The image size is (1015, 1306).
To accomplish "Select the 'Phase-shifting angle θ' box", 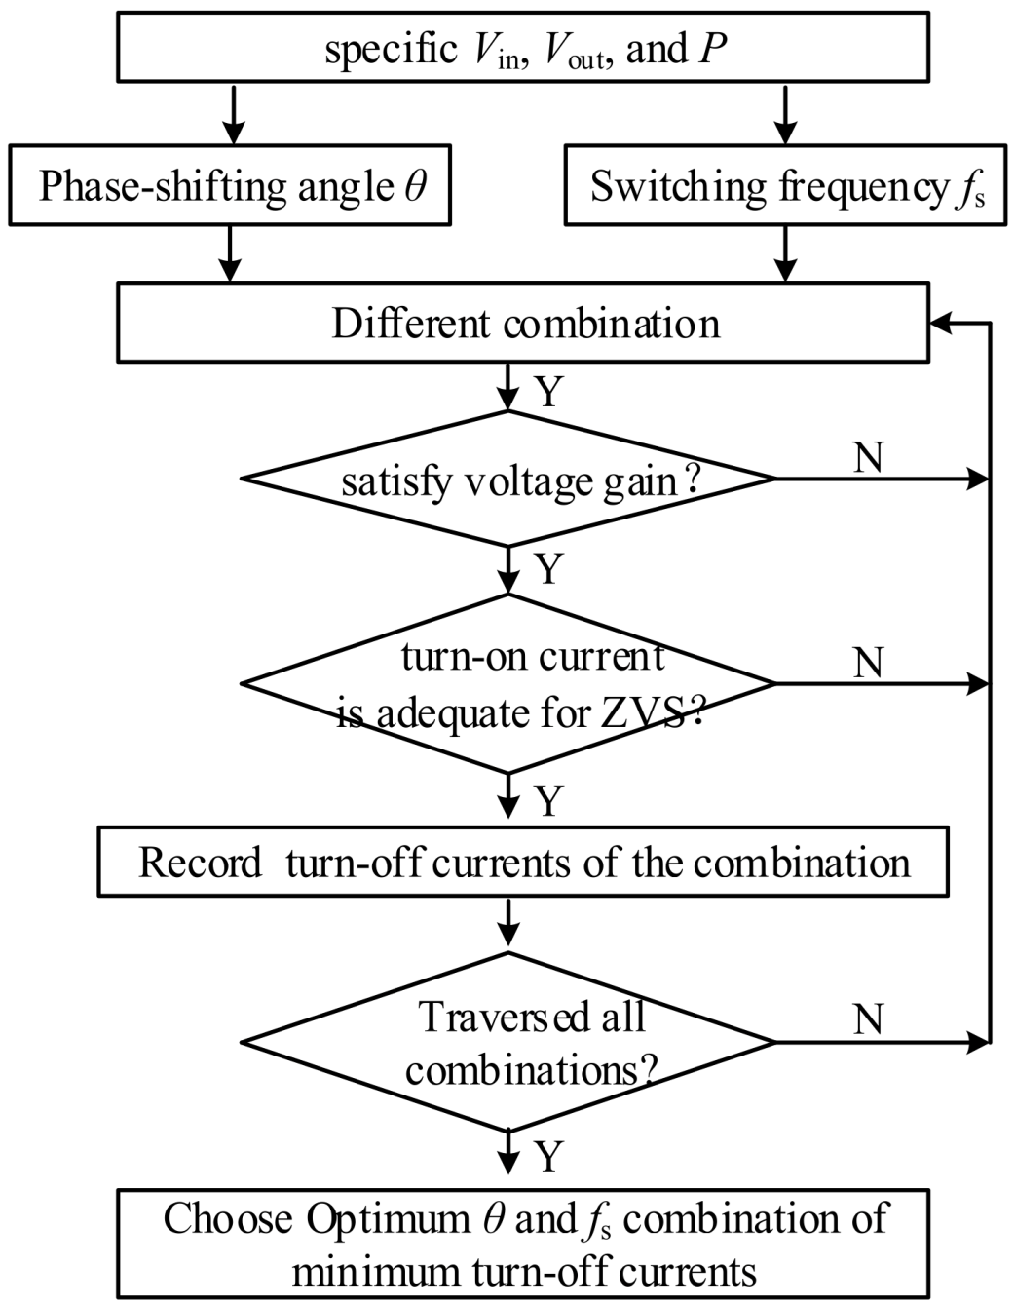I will [231, 186].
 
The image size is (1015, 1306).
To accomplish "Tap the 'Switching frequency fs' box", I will [785, 186].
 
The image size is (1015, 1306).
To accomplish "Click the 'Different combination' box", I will [523, 324].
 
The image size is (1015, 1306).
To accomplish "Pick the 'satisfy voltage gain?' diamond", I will [508, 479].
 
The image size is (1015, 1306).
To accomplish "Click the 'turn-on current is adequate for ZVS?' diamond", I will [508, 684].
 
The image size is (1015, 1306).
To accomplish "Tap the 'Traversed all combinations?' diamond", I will [508, 1043].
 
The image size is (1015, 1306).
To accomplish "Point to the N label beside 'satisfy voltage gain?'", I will [868, 457].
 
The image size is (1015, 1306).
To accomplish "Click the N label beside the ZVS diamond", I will [868, 663].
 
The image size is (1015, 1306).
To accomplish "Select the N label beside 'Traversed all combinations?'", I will [868, 1019].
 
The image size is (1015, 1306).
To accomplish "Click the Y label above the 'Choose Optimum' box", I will [549, 1157].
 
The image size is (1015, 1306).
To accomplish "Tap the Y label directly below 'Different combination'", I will [549, 392].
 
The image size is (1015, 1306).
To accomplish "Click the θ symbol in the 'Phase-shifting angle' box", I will [415, 185].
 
